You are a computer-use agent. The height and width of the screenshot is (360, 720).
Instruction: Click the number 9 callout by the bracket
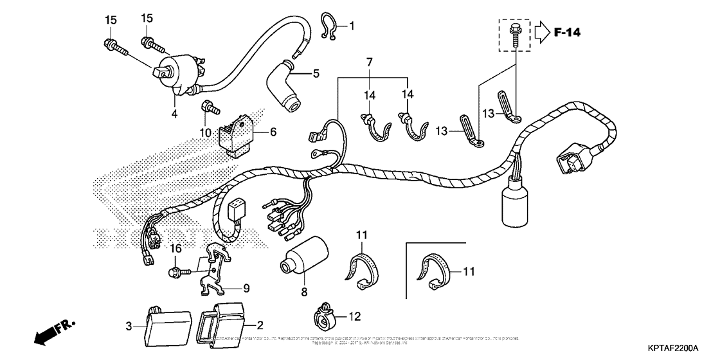(x=246, y=287)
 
